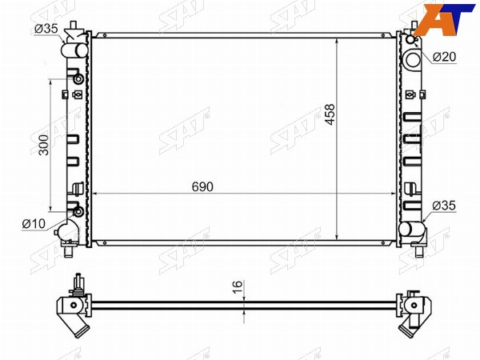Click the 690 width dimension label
(202, 186)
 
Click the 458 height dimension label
(330, 114)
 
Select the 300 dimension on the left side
(44, 145)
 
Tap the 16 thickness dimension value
(238, 287)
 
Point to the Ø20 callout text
(444, 57)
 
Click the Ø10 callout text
(34, 224)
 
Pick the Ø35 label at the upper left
(46, 29)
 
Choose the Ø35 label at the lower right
(444, 206)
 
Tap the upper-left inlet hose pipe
(74, 50)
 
